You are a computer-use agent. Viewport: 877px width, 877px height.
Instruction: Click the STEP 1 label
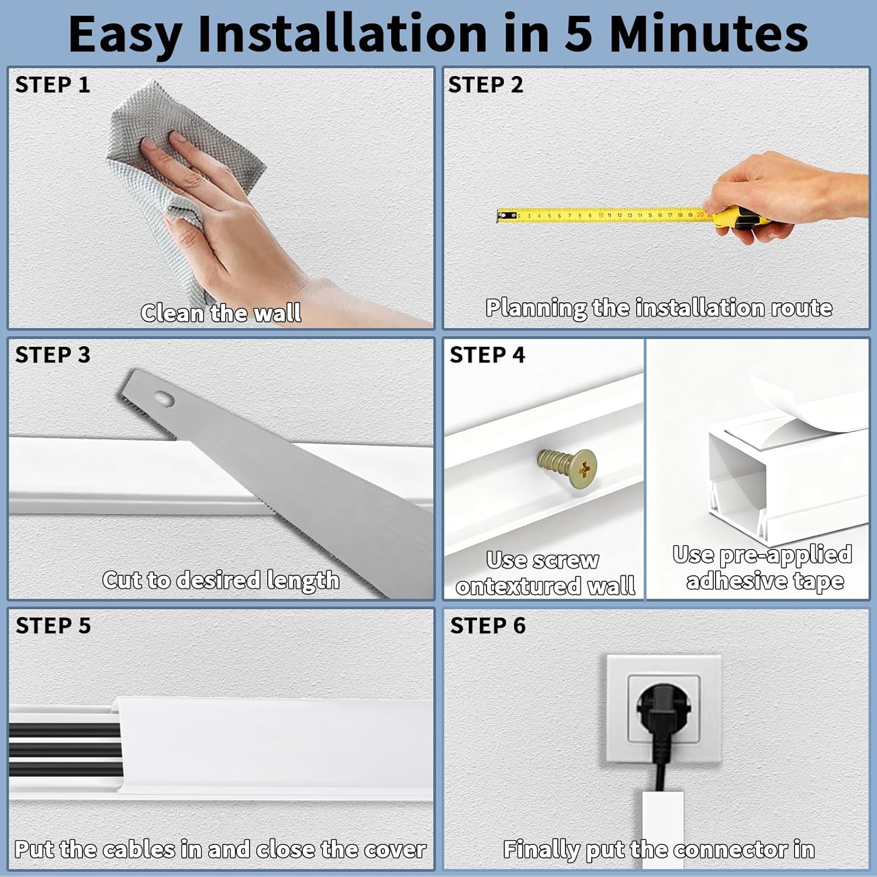[53, 85]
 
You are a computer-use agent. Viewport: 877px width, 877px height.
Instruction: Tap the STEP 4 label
[487, 355]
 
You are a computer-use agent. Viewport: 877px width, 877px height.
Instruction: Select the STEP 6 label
[488, 626]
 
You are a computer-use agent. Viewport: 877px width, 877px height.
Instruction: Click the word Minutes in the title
[709, 33]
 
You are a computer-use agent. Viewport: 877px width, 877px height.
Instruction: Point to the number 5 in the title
[579, 33]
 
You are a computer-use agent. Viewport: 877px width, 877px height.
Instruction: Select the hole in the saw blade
[164, 399]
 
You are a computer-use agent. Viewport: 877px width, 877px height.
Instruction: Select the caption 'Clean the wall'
[221, 313]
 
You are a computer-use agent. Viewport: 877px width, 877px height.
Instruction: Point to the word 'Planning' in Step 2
[536, 308]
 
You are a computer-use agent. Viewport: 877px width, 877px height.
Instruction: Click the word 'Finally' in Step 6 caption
[541, 850]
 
